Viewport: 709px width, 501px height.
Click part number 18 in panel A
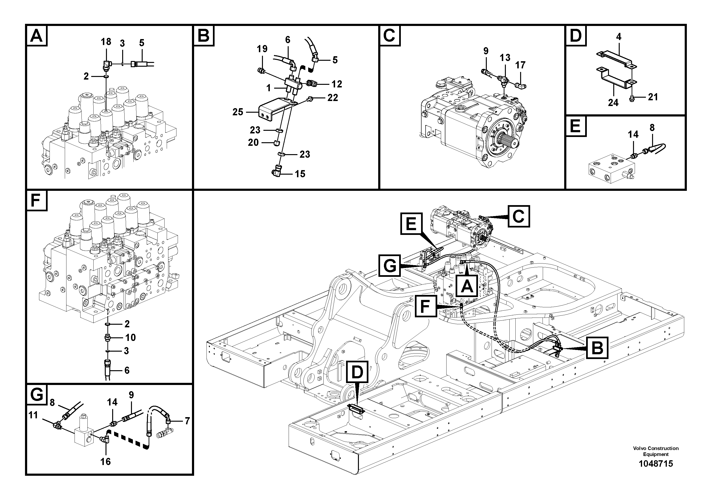[106, 42]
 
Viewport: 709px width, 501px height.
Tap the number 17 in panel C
[520, 65]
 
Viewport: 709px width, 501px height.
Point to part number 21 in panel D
[653, 97]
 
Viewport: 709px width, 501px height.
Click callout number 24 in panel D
[613, 102]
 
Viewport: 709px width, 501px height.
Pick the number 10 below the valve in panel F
[130, 337]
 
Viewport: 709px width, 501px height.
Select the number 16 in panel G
[105, 461]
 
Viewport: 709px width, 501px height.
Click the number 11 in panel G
[33, 415]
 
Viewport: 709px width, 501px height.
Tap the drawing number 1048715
[656, 472]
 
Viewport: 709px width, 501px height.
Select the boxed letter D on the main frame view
[357, 372]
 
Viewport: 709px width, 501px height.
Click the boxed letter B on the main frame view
[597, 348]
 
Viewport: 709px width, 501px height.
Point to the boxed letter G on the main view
[390, 265]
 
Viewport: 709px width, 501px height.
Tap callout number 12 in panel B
[337, 84]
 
